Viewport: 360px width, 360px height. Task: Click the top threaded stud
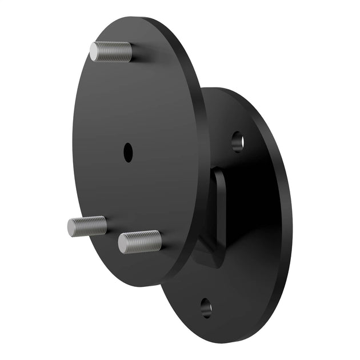111,52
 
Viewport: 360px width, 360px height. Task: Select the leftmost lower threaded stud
87,226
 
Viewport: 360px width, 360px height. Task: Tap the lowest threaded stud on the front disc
140,242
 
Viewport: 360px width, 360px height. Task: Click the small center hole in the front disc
128,152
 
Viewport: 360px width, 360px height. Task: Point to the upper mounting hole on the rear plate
238,141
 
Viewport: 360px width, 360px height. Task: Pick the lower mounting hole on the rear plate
206,309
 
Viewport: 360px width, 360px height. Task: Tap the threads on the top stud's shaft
118,52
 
